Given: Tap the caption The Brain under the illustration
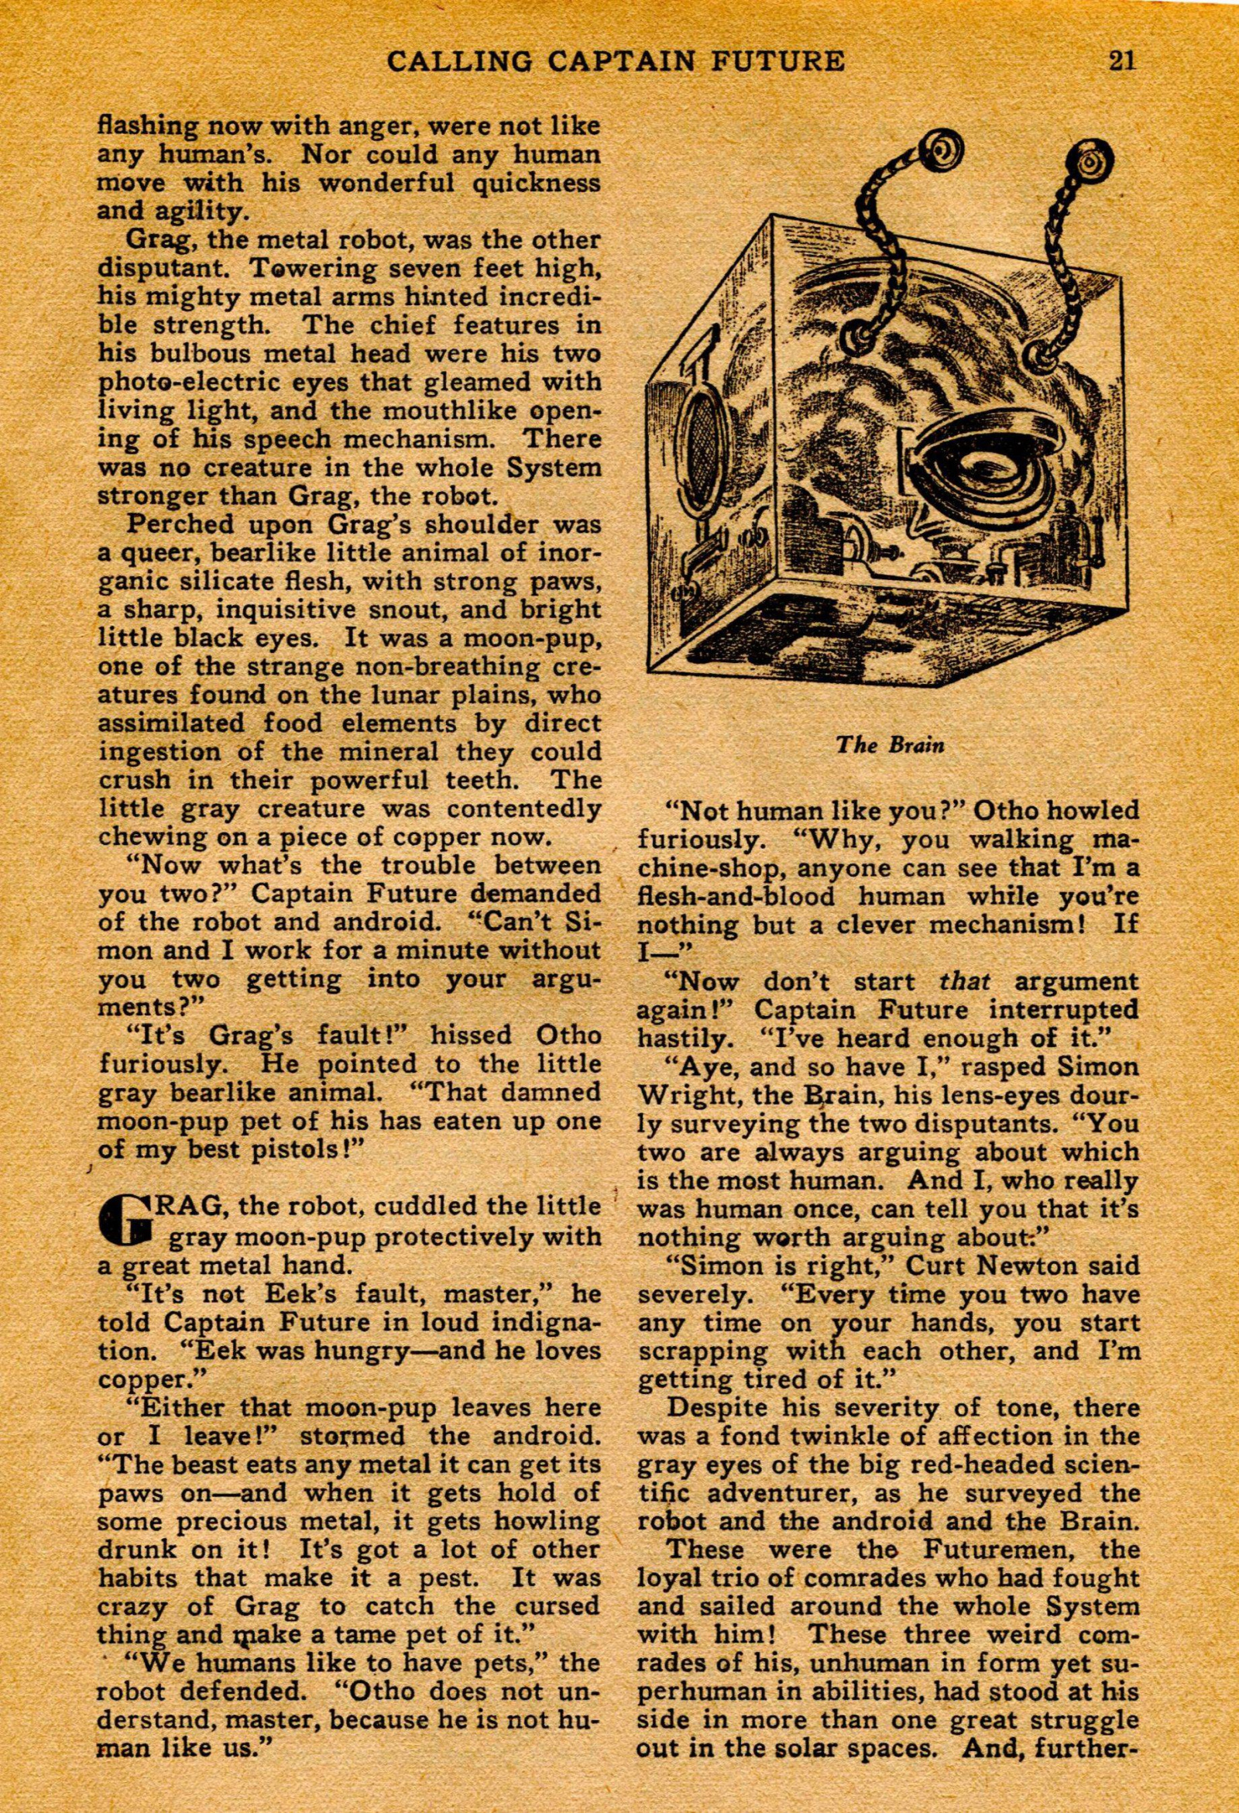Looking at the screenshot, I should [890, 744].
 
